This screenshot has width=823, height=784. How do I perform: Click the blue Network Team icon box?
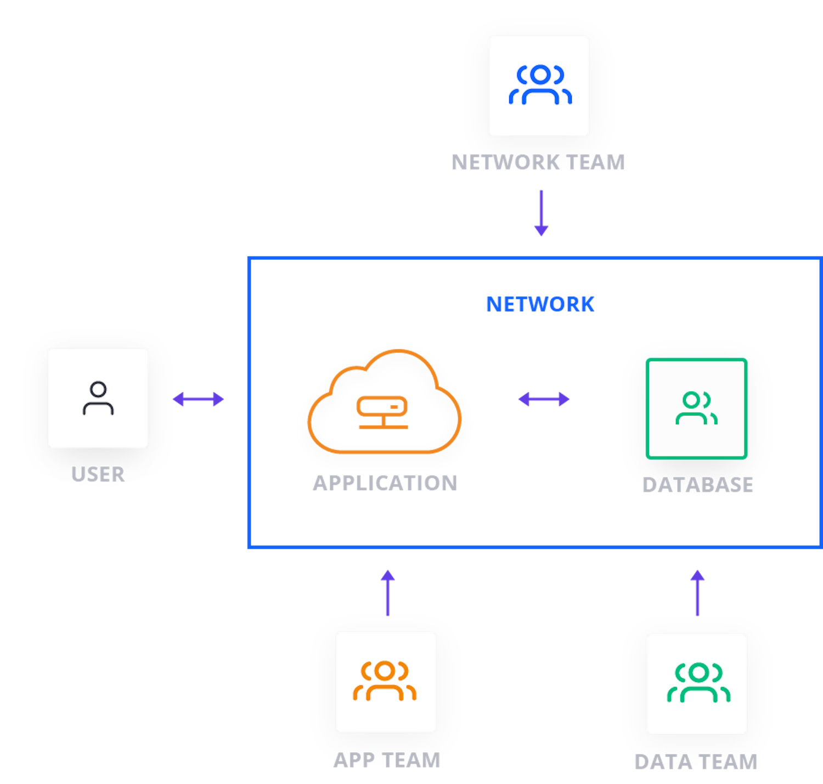[x=538, y=86]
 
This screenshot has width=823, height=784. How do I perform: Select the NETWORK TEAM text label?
[x=538, y=162]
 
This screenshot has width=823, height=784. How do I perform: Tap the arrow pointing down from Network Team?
[x=542, y=213]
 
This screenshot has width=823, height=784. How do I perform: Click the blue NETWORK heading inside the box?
[x=540, y=304]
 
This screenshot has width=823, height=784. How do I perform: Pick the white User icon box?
[x=98, y=397]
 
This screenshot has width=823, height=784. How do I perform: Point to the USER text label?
[x=98, y=474]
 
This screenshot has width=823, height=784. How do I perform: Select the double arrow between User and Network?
[x=198, y=399]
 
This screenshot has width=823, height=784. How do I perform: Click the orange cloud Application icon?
[x=384, y=403]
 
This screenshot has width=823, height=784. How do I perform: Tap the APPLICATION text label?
[x=385, y=483]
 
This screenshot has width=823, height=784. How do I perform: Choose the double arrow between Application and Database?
[x=544, y=399]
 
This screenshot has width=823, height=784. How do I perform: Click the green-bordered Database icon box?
[x=696, y=408]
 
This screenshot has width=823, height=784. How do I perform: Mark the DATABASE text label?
[x=697, y=485]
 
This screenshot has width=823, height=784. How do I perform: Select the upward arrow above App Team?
[x=388, y=593]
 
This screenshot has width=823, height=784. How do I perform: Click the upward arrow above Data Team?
[x=697, y=593]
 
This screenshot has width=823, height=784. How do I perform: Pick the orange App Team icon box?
[x=386, y=682]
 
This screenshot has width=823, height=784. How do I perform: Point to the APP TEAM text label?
[x=387, y=760]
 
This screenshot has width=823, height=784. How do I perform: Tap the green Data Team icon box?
[x=696, y=684]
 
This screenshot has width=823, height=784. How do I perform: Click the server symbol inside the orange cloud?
[x=382, y=411]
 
